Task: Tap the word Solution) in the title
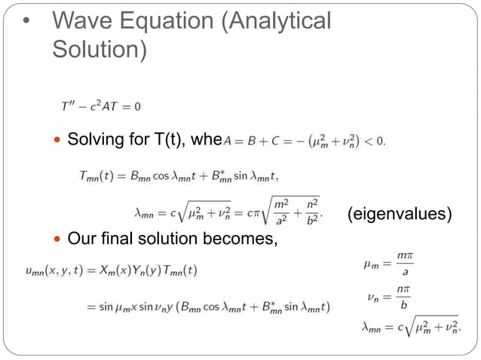[x=97, y=50]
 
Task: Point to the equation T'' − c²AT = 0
[x=101, y=106]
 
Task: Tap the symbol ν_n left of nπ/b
[x=372, y=299]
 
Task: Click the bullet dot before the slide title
[x=26, y=22]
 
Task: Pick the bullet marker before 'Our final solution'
[x=58, y=240]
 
